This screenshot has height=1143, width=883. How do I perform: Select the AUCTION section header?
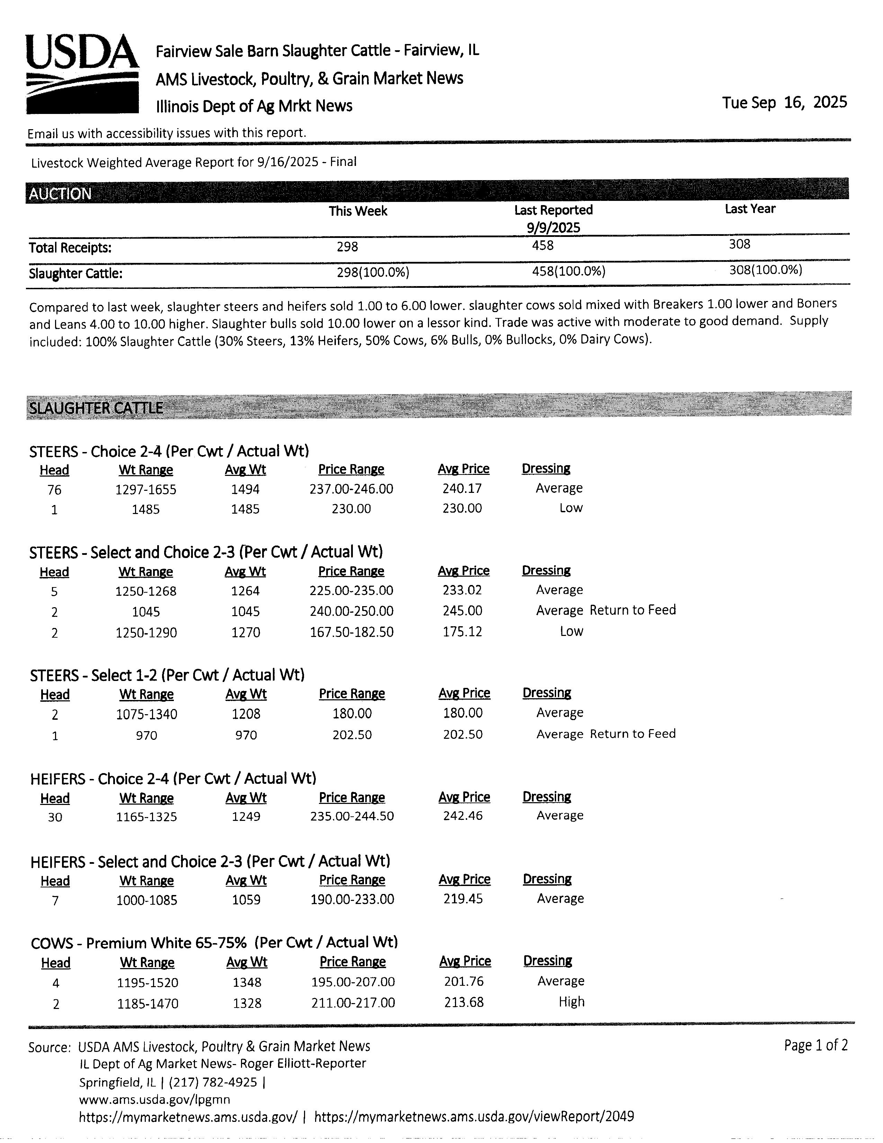[60, 194]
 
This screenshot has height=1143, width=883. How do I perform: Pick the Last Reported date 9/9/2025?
[553, 227]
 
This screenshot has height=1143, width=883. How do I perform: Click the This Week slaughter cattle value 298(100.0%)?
[373, 272]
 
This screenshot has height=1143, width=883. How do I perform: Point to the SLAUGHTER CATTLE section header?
[96, 408]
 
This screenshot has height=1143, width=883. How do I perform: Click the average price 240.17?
[462, 488]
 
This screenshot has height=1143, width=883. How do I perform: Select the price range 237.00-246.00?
[351, 489]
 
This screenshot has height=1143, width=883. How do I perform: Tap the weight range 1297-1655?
[146, 490]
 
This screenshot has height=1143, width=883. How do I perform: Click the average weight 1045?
[246, 611]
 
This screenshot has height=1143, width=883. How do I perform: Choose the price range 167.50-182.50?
[351, 632]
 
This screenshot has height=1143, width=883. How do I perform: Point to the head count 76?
[54, 490]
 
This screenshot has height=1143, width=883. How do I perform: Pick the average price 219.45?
[463, 898]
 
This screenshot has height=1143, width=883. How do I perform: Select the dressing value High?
[571, 1002]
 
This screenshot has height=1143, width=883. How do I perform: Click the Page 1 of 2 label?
[815, 1045]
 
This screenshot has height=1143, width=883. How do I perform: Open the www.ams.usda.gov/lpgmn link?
[154, 1099]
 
